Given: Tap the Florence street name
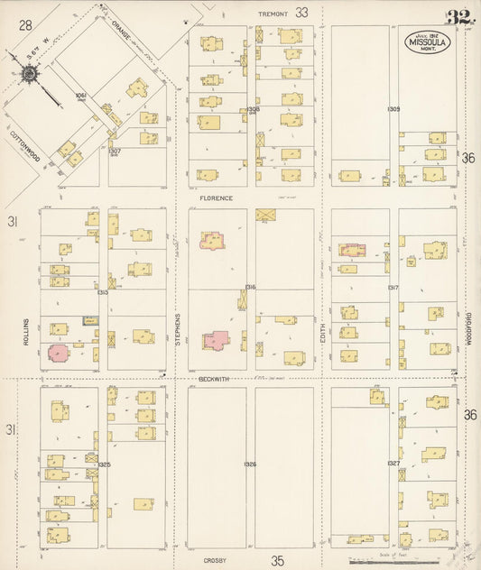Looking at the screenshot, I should coord(217,198).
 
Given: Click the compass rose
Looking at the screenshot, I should coord(30,74).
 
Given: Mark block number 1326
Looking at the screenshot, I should coord(250,464).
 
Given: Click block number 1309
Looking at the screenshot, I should coord(393,109).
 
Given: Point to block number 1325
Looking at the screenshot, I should coord(103,464).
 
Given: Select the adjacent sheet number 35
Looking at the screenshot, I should coord(277,560).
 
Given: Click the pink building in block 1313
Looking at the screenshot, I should coord(59,353).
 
